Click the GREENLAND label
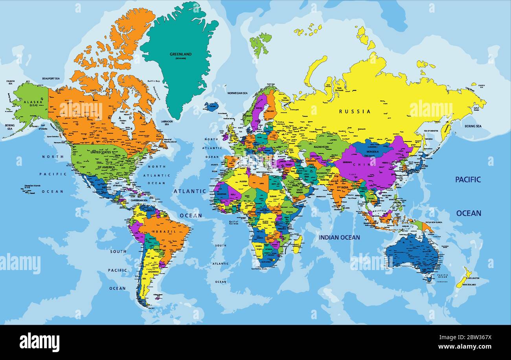180,54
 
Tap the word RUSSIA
355,111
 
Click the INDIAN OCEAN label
339,237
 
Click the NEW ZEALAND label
468,284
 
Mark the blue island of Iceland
211,106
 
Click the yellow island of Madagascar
298,244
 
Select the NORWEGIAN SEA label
237,93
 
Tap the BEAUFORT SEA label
51,79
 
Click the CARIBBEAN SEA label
140,200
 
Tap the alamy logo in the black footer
39,342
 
